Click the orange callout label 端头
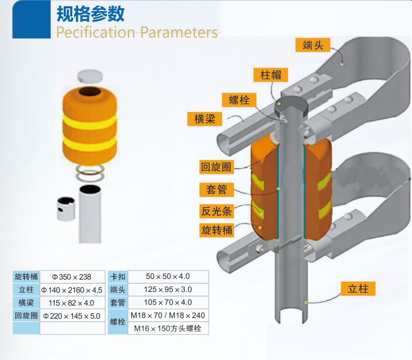[x=312, y=45]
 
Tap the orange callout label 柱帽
[x=271, y=75]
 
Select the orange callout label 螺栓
[x=239, y=100]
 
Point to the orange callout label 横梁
[x=205, y=119]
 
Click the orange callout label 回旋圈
[x=216, y=167]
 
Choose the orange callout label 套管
[x=216, y=189]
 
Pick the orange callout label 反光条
[x=216, y=211]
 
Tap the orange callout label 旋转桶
[x=216, y=230]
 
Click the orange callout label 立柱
[x=358, y=289]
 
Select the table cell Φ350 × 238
[x=72, y=277]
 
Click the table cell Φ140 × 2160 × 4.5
[x=72, y=290]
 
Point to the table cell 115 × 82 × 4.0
[x=72, y=303]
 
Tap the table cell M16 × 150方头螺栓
[x=168, y=328]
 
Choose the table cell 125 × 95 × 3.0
[x=168, y=290]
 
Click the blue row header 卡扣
[x=118, y=277]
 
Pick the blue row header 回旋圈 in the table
[x=26, y=315]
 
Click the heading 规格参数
[x=90, y=14]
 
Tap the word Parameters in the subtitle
[x=179, y=32]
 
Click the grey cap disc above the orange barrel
[x=90, y=75]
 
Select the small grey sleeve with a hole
[x=66, y=209]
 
